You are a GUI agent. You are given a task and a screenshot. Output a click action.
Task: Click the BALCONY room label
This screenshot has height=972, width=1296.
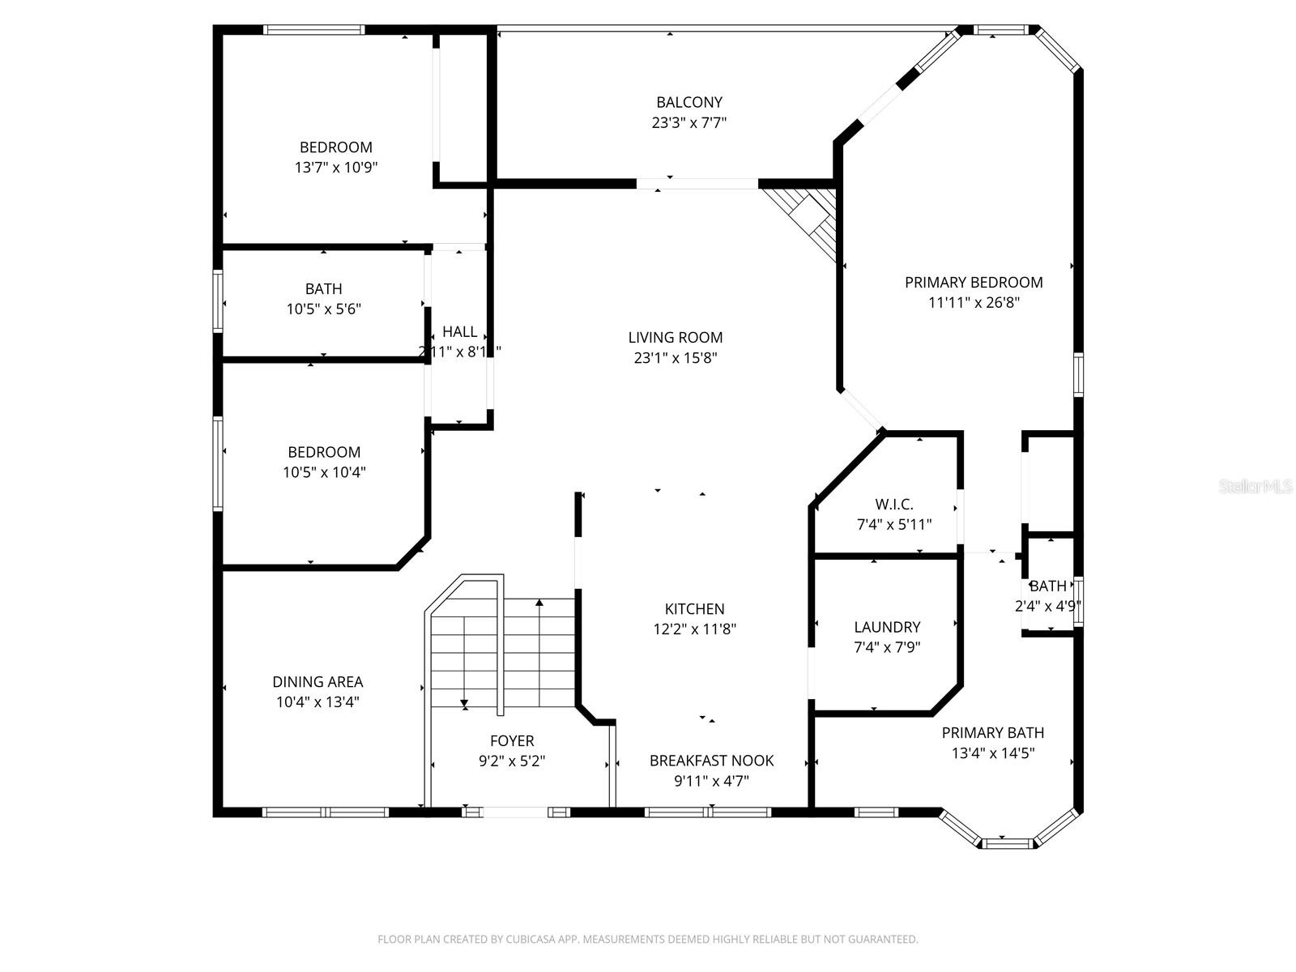[688, 102]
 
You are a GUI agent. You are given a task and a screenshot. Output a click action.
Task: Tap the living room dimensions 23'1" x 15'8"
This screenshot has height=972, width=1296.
[675, 358]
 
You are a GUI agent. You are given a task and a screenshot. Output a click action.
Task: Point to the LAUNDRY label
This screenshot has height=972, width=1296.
[887, 627]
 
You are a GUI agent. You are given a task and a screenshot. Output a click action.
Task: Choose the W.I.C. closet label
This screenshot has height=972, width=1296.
[893, 504]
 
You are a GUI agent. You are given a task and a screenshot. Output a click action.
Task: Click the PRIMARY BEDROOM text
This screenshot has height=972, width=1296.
[973, 282]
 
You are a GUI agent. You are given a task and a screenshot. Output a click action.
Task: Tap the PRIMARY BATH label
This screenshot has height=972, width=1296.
[992, 732]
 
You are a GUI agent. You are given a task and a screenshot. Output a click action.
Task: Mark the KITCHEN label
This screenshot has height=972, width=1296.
[694, 608]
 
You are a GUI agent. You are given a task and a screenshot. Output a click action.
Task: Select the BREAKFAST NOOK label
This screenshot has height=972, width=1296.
[711, 760]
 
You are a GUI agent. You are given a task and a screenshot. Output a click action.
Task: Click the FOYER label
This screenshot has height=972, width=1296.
[512, 740]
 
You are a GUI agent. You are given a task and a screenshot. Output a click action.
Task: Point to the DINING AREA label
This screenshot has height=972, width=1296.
[317, 681]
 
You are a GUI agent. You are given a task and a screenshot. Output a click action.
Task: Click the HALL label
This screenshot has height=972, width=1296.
[459, 331]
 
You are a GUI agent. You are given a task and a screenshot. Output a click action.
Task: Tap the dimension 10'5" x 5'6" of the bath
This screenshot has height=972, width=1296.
[323, 309]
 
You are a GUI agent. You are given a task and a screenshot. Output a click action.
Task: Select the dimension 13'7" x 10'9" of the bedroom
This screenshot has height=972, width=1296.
[335, 168]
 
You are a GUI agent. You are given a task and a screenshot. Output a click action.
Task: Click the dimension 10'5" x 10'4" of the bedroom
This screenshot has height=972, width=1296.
[324, 472]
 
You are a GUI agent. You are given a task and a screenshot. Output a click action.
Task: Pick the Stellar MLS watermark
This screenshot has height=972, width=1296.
[1255, 487]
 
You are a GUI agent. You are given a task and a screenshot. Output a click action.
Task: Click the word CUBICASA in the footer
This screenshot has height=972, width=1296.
[528, 940]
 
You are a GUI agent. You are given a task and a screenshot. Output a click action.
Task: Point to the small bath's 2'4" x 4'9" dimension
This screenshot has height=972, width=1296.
[1048, 606]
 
